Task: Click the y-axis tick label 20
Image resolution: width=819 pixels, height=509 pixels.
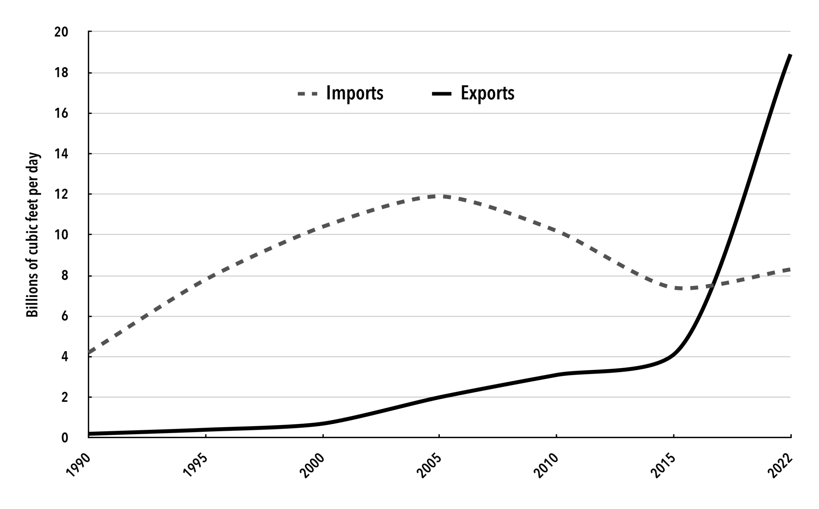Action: pyautogui.click(x=61, y=32)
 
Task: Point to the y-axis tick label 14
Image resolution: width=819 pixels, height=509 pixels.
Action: pyautogui.click(x=61, y=154)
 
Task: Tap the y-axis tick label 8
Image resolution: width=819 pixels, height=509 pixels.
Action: pyautogui.click(x=64, y=276)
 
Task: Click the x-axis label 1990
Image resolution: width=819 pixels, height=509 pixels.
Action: pyautogui.click(x=78, y=466)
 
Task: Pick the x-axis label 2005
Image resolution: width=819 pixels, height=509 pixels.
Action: pyautogui.click(x=429, y=466)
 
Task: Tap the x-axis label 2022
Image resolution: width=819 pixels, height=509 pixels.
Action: pyautogui.click(x=780, y=466)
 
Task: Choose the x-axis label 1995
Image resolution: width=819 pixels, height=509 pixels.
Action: pyautogui.click(x=195, y=466)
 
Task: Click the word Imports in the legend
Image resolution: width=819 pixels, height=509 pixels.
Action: pyautogui.click(x=354, y=93)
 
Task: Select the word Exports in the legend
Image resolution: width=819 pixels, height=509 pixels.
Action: pyautogui.click(x=487, y=93)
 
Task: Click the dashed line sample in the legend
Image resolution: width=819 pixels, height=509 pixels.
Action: pyautogui.click(x=307, y=94)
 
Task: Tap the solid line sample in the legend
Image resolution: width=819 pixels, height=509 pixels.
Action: pyautogui.click(x=441, y=94)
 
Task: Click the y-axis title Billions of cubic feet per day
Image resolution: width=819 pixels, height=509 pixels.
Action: pyautogui.click(x=33, y=235)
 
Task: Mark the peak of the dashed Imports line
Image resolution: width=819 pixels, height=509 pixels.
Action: pyautogui.click(x=438, y=196)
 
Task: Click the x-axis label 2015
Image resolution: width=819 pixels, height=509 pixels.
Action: pyautogui.click(x=663, y=466)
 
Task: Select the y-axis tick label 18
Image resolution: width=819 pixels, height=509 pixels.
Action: pyautogui.click(x=61, y=73)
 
